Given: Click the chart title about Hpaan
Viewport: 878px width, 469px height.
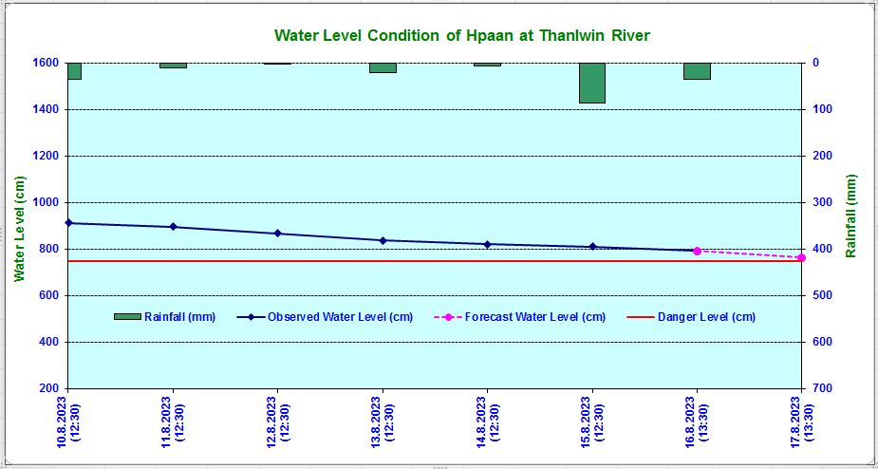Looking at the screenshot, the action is coord(462,35).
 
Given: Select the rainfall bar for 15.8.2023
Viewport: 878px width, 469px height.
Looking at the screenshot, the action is coord(592,83).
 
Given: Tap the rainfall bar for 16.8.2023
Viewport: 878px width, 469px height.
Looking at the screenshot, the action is coord(697,71).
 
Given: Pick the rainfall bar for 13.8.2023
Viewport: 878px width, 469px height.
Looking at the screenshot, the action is coord(383,67).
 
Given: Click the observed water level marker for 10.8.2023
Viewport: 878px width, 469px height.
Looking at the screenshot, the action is coord(68,223).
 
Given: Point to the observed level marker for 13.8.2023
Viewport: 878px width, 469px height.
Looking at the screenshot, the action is coord(383,240).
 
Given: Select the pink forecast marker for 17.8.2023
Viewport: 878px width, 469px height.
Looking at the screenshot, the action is coord(801,257).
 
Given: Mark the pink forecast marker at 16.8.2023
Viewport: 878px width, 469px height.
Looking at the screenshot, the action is coord(697,251).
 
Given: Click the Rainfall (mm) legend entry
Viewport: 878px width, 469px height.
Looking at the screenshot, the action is coord(164,317).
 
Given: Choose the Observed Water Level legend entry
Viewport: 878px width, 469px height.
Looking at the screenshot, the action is coord(325,317).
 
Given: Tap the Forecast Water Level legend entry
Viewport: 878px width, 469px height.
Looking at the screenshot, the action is coord(519,317).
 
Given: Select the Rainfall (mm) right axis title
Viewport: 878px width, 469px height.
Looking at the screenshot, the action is coord(851,216).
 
